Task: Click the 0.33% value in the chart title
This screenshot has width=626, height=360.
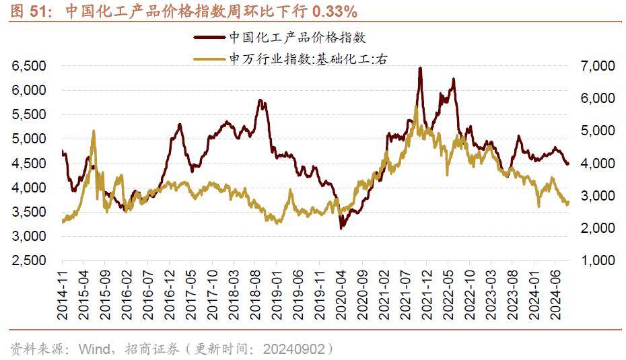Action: (x=332, y=11)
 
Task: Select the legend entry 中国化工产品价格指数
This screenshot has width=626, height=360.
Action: (x=297, y=38)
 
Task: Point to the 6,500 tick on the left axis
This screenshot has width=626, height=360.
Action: (x=28, y=66)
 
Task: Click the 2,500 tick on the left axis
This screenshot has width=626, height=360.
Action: (x=28, y=261)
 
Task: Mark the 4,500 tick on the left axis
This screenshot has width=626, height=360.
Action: (x=28, y=164)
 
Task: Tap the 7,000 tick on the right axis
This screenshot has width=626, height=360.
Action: (x=596, y=66)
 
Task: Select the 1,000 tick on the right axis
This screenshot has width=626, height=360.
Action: (x=596, y=261)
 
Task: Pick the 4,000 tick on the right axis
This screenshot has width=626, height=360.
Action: (x=596, y=164)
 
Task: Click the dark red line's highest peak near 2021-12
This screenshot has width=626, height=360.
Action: (x=420, y=68)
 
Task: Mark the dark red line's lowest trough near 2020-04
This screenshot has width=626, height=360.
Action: (x=341, y=228)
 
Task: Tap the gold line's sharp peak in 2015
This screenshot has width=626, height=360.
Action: (x=93, y=132)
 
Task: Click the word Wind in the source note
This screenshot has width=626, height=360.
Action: (x=92, y=349)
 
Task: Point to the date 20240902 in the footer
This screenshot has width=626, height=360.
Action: (x=295, y=349)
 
